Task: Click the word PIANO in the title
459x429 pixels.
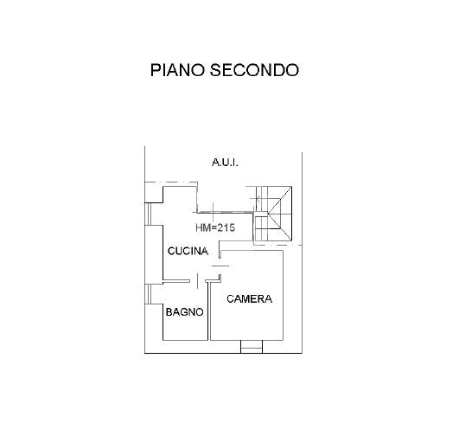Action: tap(177, 70)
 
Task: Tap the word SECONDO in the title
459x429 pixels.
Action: tap(254, 70)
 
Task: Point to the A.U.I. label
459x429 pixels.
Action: tap(225, 163)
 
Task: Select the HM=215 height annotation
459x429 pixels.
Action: tap(215, 227)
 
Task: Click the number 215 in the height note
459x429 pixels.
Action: tap(226, 227)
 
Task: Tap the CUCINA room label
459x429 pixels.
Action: tap(188, 251)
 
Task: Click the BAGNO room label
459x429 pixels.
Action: tap(184, 312)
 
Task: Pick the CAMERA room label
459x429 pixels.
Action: tap(250, 298)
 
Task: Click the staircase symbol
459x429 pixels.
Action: tap(272, 214)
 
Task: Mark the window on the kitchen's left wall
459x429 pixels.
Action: tap(149, 214)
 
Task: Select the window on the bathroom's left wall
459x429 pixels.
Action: tap(149, 294)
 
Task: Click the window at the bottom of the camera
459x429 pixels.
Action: tap(252, 347)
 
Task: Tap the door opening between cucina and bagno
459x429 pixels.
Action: tap(198, 281)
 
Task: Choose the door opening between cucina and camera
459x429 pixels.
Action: tap(220, 266)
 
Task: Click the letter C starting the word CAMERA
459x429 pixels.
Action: tap(231, 298)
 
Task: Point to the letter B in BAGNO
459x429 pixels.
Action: tap(169, 312)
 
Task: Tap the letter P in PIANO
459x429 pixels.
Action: tap(155, 70)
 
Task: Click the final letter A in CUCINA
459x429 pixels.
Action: tap(205, 251)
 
